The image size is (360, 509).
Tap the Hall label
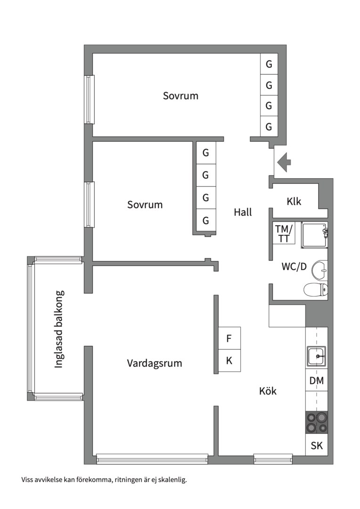point(243,212)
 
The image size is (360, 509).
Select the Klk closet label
point(294,202)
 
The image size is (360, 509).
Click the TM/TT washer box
point(284,233)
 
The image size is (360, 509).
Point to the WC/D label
point(294,267)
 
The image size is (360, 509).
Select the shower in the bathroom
point(314,234)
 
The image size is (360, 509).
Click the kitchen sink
point(316,356)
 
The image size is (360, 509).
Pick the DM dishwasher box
point(317,381)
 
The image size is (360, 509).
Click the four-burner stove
point(316,422)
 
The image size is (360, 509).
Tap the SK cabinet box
point(317,445)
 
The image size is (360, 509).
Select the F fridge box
point(229,338)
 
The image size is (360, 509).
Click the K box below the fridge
point(229,361)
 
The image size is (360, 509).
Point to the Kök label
point(268,391)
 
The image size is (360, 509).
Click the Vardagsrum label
point(154,363)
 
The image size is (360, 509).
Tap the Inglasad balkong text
point(59,328)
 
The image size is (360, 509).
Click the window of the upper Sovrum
point(89,99)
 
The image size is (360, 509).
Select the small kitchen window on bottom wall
point(273,457)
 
